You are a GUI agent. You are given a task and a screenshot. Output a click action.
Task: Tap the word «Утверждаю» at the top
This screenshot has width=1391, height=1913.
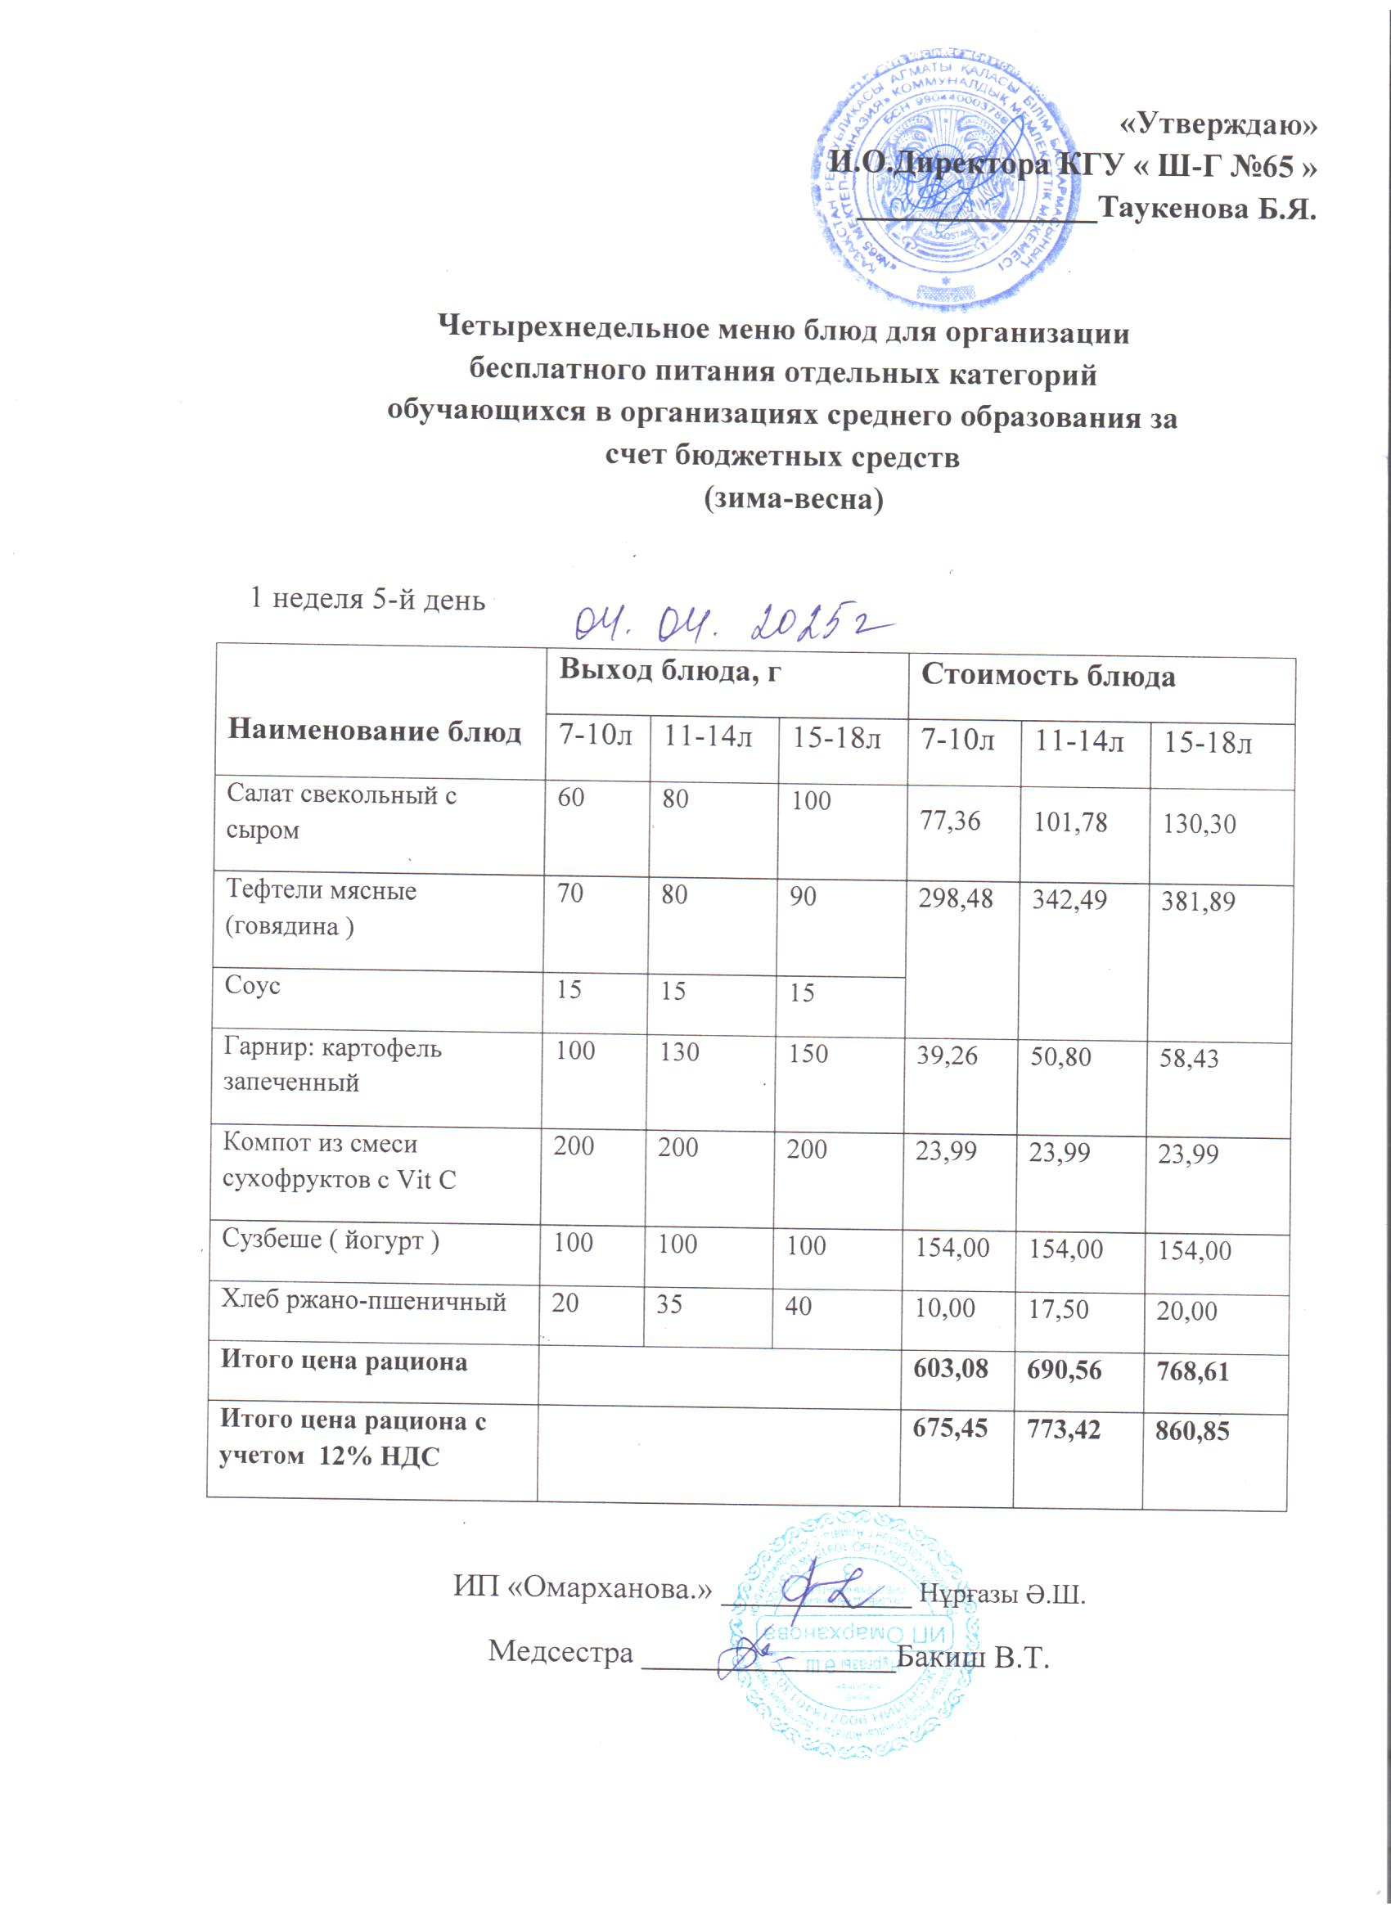click(1218, 125)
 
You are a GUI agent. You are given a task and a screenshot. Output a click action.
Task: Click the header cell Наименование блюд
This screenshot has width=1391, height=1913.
click(375, 731)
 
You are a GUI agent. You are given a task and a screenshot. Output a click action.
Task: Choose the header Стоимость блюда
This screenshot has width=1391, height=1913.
click(1047, 676)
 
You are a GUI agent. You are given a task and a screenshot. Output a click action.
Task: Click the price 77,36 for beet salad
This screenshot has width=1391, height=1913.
click(950, 821)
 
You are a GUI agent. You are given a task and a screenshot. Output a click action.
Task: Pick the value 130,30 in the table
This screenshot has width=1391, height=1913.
click(1199, 824)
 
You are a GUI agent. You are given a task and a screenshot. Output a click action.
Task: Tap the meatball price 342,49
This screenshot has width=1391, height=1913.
click(1069, 900)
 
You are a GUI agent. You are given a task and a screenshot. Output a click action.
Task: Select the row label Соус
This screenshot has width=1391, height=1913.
click(252, 985)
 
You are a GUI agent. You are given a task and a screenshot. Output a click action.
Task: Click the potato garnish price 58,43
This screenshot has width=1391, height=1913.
click(1189, 1058)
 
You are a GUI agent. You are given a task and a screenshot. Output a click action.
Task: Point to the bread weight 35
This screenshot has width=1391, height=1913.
click(669, 1304)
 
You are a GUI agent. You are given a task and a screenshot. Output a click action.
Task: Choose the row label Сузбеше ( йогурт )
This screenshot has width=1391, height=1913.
click(331, 1240)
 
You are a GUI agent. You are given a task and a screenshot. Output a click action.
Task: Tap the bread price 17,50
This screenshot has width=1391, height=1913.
click(1058, 1309)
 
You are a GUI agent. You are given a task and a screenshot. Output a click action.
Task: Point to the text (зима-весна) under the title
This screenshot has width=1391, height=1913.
click(793, 499)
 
